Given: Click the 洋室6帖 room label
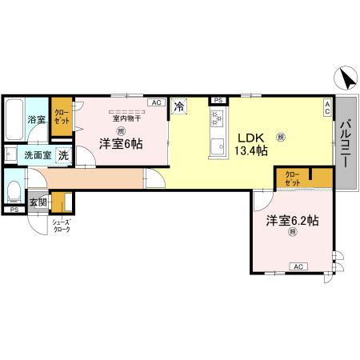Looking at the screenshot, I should coord(121,144).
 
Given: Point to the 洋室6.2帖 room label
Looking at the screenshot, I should coord(293,219).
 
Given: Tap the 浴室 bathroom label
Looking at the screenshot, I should coord(37,120).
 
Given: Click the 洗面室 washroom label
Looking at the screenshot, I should coord(35,155).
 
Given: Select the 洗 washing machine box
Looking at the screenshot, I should coord(62,155).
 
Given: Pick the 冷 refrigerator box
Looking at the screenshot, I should coord(179,105).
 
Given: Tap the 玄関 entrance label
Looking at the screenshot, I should coord(38,202).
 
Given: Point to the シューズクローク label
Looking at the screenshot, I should coord(61,226).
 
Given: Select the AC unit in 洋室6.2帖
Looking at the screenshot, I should coord(297,266).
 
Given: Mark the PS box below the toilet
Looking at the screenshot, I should coord(14,210).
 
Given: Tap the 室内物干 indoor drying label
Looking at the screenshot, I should coord(126,118).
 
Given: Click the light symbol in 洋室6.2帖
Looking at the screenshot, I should coord(293,232).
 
